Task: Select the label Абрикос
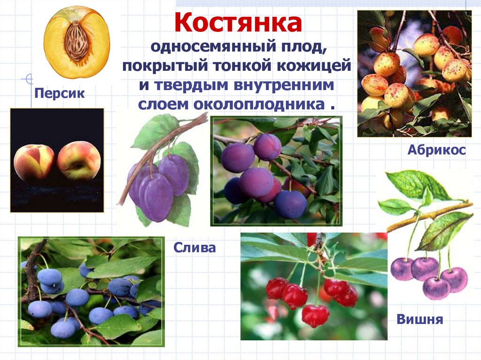click(436, 150)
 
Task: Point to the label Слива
click(194, 247)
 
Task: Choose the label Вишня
click(420, 320)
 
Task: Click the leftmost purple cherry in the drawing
click(402, 268)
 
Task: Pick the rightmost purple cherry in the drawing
click(454, 279)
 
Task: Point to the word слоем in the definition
click(162, 104)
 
